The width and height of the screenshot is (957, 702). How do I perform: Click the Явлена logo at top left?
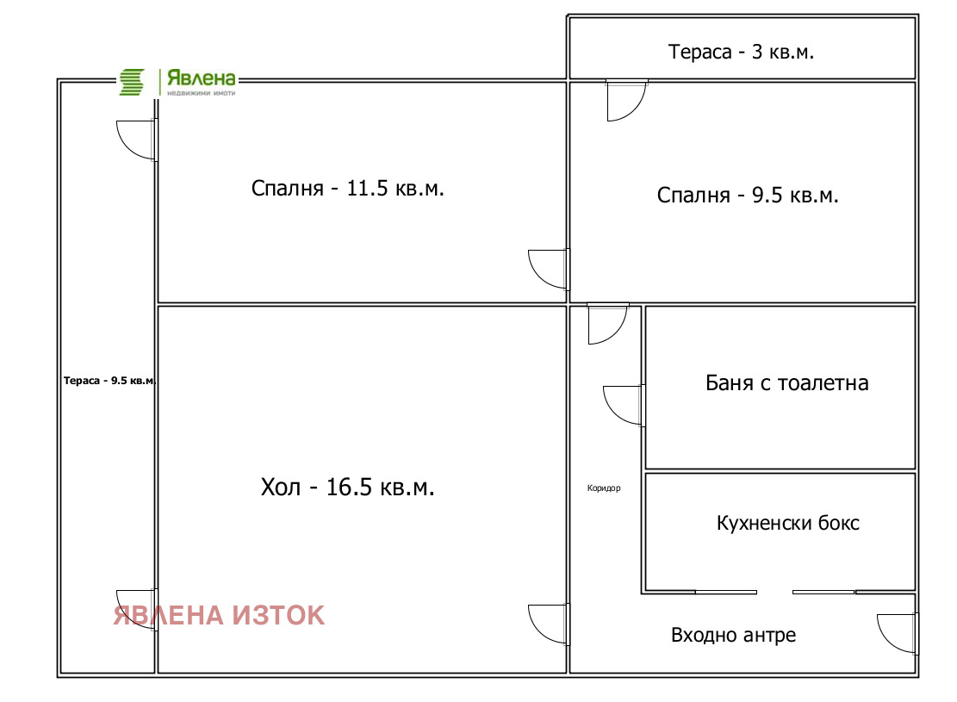tap(177, 82)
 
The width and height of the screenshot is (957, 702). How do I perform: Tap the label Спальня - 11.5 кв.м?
tap(348, 189)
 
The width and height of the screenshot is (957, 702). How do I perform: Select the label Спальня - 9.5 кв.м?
tap(748, 196)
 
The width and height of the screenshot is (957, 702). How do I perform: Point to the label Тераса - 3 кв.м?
tap(742, 52)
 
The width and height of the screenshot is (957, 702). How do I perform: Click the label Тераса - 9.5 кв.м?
tap(109, 381)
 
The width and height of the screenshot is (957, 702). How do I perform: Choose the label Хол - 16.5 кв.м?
tap(347, 488)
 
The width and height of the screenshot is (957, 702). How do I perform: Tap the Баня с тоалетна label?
tap(786, 382)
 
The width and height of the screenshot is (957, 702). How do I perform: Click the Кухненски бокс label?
tap(787, 523)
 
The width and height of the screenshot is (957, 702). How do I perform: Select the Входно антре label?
tap(733, 636)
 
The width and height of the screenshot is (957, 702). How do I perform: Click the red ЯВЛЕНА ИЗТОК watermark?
tap(220, 615)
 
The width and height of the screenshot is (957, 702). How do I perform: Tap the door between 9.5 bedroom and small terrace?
tap(626, 98)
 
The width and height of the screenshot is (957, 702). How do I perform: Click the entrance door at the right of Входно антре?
tap(897, 632)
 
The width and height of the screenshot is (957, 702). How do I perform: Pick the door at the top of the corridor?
tap(606, 323)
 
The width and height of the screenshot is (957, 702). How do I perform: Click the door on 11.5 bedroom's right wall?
tap(549, 269)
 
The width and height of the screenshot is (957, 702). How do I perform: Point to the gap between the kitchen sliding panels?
tap(774, 592)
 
